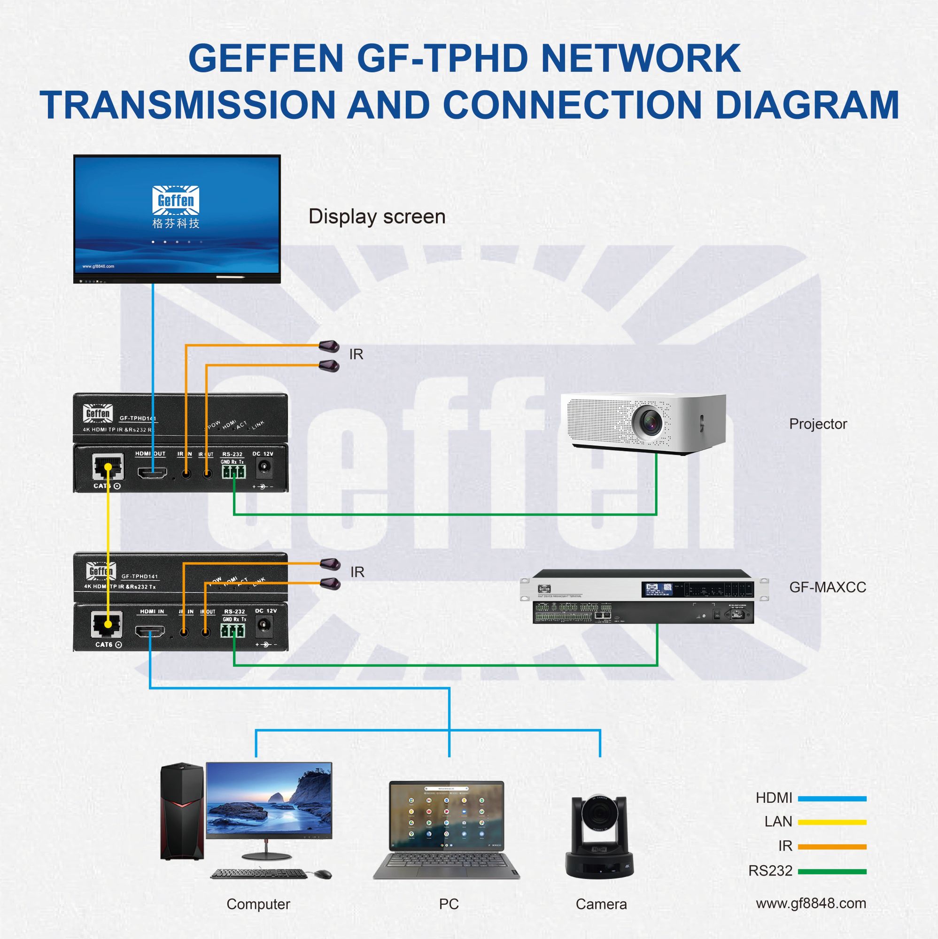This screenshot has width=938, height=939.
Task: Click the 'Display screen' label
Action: (377, 217)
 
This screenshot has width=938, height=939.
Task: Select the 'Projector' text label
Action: (818, 424)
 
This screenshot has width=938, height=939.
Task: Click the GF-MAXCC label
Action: (827, 587)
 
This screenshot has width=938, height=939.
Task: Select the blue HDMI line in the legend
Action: (832, 798)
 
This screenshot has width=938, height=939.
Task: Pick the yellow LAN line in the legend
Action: (832, 823)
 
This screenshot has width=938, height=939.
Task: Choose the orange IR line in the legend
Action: (832, 847)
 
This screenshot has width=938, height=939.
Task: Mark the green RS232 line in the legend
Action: (832, 871)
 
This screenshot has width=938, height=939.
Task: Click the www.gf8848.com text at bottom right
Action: (811, 903)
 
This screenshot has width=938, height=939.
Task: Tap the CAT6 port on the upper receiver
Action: (108, 468)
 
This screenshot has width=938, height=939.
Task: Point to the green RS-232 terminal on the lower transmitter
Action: (233, 631)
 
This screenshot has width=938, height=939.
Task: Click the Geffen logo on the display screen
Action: (176, 200)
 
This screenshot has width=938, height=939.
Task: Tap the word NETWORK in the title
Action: (640, 58)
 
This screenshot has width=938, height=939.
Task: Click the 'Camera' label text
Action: (601, 904)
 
